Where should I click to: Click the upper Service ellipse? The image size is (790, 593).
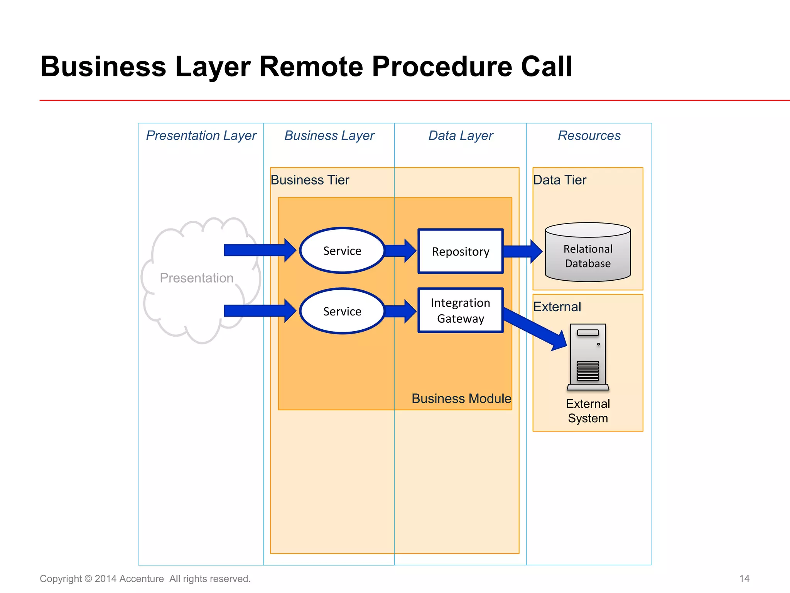(342, 251)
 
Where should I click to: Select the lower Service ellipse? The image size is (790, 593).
(342, 311)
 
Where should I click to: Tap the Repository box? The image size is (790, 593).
(461, 251)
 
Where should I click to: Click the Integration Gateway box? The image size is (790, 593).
(461, 310)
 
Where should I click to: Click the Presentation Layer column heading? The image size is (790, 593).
(201, 136)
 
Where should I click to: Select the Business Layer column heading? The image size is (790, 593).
(329, 136)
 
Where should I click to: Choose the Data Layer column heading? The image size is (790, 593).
(461, 136)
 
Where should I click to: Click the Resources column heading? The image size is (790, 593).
(589, 136)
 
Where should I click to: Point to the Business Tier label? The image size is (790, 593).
(310, 180)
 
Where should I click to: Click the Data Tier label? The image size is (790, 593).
(559, 180)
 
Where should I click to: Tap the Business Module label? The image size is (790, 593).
(461, 398)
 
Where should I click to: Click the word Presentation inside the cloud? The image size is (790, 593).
(196, 278)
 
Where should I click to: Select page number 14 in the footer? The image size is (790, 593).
(744, 578)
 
